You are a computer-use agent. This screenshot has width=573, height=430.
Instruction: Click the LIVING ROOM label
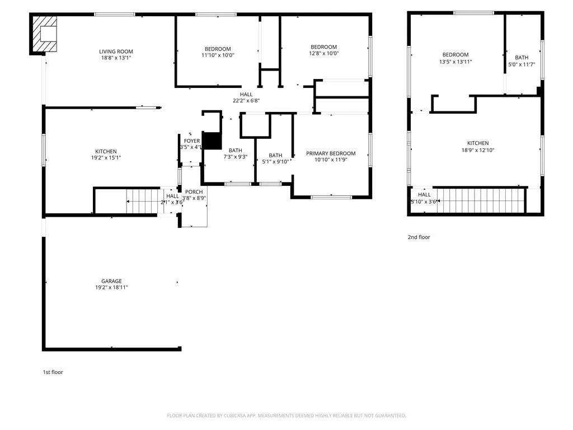coord(116,52)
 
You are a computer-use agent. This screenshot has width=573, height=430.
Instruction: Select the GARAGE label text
coord(111,281)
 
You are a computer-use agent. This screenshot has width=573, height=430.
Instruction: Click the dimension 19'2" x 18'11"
coord(111,287)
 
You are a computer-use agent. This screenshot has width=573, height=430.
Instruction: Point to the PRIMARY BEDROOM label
coord(330,153)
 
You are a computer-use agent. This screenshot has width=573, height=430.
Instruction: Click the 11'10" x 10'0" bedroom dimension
coord(218,55)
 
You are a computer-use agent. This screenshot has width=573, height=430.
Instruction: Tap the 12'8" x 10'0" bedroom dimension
coord(323,53)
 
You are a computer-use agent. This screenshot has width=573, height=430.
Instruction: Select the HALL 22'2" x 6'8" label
coord(246,97)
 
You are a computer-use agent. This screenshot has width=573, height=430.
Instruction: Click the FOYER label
coord(192,141)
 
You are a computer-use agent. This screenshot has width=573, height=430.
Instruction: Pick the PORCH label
coord(194,191)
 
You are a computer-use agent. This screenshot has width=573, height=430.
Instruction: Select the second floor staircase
coord(480,199)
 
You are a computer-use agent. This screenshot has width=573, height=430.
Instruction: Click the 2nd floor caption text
coord(419,237)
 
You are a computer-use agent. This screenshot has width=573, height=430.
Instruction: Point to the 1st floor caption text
coord(53,372)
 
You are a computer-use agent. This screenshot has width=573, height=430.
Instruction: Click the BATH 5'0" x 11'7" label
coord(522,60)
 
